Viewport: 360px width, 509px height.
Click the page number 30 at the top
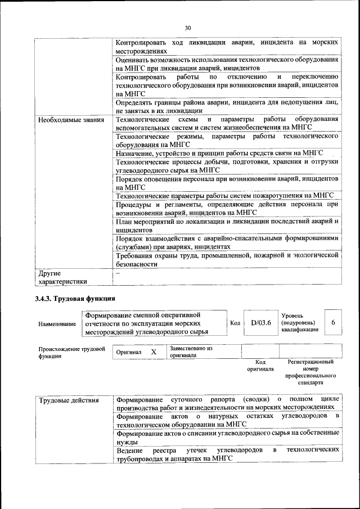pos(188,28)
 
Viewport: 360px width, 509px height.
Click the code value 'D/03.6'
pos(261,323)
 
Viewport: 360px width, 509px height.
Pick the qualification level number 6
pos(333,323)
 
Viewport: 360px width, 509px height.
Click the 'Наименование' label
pos(57,325)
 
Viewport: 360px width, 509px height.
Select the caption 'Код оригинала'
pos(260,366)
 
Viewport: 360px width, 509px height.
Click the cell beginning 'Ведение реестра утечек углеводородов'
pos(227,454)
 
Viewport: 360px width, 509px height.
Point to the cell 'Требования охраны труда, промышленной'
pos(227,259)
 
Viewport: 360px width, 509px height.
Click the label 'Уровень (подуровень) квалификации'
pos(298,323)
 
